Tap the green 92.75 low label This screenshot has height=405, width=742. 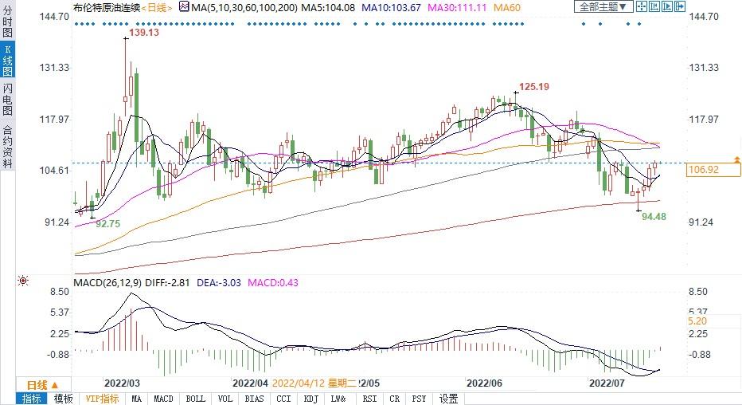pyautogui.click(x=107, y=225)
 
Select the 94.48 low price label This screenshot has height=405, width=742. pyautogui.click(x=654, y=216)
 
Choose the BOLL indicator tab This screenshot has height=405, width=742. pyautogui.click(x=194, y=399)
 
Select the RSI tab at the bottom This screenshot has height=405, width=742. pyautogui.click(x=369, y=399)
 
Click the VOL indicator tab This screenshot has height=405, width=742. pyautogui.click(x=225, y=399)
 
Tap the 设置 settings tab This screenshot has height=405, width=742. pyautogui.click(x=449, y=399)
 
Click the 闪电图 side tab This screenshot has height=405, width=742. pyautogui.click(x=7, y=99)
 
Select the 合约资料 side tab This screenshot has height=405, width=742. pyautogui.click(x=7, y=147)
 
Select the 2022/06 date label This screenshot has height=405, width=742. pyautogui.click(x=484, y=382)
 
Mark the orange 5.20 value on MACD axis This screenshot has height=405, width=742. pyautogui.click(x=697, y=321)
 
